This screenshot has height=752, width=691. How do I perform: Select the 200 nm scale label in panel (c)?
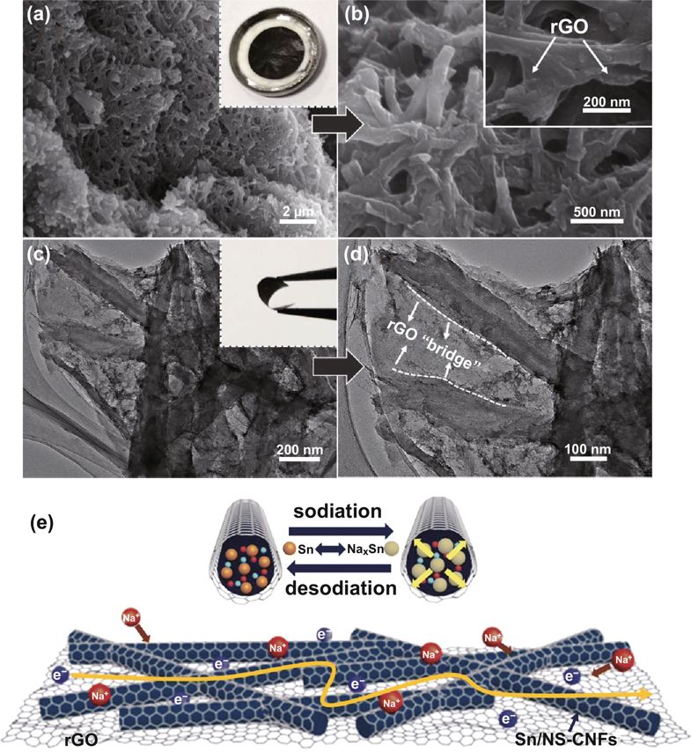pyautogui.click(x=299, y=450)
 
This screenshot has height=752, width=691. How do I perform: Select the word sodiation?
pyautogui.click(x=339, y=512)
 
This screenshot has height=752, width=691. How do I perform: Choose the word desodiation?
pyautogui.click(x=340, y=587)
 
